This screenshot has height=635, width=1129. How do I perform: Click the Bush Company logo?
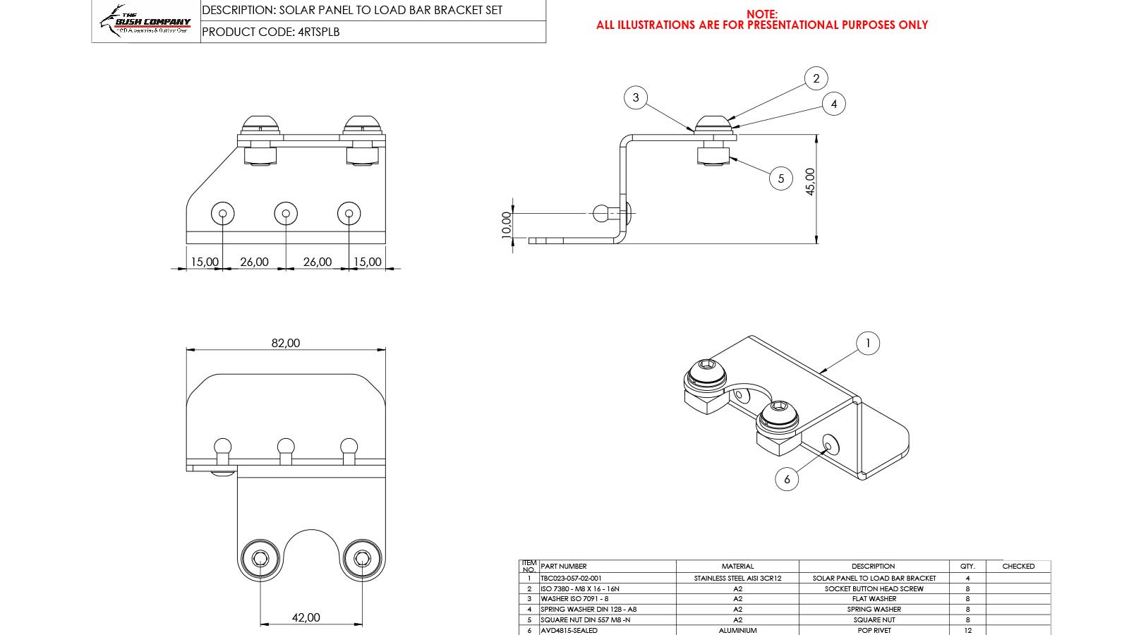[x=146, y=21]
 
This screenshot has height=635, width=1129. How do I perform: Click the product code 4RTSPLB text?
[x=271, y=32]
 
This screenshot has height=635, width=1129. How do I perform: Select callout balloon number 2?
[x=816, y=78]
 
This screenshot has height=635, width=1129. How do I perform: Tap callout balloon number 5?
[x=780, y=179]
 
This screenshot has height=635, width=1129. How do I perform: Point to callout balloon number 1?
[x=867, y=344]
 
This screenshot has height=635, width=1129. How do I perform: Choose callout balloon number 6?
[x=787, y=479]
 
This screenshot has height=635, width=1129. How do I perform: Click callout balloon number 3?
[x=636, y=97]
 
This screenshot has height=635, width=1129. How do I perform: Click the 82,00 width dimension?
[x=286, y=343]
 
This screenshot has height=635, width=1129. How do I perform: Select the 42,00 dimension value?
[x=306, y=617]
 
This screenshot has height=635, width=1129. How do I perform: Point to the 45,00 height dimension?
[x=810, y=181]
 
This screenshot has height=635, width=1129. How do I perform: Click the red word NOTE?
[x=762, y=14]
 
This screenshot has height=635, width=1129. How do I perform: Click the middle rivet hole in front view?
[x=285, y=213]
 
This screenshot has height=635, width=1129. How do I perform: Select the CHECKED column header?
[x=1018, y=566]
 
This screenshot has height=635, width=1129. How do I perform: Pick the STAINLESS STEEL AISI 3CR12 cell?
[x=737, y=578]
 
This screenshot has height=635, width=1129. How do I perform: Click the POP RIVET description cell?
[x=874, y=630]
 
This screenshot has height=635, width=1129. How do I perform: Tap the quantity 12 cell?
[x=967, y=630]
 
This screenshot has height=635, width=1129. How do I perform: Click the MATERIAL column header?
[x=737, y=566]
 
